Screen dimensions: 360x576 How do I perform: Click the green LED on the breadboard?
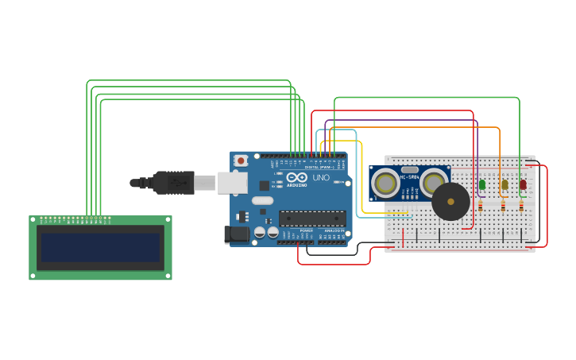482,184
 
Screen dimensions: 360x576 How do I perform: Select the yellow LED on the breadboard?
504,184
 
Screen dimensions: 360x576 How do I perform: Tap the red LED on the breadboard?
522,184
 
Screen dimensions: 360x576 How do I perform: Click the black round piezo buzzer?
450,202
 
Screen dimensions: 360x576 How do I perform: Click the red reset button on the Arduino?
241,161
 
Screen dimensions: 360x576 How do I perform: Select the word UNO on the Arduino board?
321,178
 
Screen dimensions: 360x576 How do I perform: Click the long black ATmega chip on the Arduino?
311,219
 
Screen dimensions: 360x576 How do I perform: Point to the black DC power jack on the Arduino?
236,234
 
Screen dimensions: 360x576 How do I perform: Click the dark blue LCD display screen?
100,247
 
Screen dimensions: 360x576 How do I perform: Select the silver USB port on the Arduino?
232,184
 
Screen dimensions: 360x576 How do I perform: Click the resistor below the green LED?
480,205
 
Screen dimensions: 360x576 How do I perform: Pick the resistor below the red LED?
521,205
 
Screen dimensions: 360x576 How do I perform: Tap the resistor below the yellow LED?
503,205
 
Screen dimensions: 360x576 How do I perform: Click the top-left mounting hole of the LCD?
33,220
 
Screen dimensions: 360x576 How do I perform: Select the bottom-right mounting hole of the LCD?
168,276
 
